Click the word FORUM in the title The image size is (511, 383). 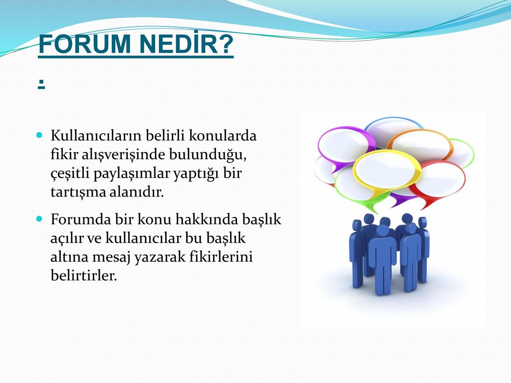point(84,44)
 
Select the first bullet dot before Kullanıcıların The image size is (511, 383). point(39,135)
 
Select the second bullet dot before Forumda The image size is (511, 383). point(39,218)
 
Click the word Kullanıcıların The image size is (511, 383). point(96,136)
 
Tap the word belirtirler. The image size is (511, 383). point(84,275)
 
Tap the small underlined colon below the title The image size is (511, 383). point(41,85)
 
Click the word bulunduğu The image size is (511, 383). point(208,155)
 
